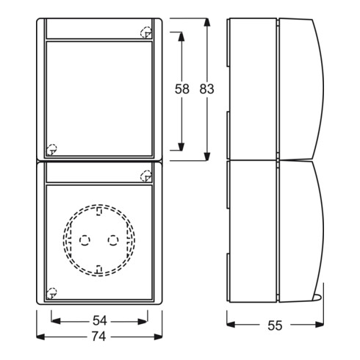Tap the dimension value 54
99,320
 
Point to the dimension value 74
99,336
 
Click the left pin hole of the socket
84,240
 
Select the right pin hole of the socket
113,240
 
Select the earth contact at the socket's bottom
98,269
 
